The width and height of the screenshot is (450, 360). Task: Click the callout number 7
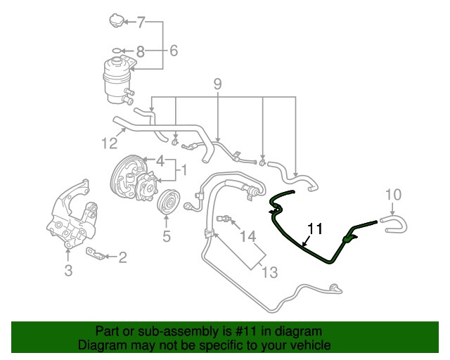point(141,22)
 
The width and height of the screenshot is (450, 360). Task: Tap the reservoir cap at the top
point(116,20)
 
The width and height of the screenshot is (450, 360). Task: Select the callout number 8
point(140,51)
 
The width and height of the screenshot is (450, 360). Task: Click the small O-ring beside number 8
point(116,51)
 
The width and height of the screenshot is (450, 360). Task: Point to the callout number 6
point(174,51)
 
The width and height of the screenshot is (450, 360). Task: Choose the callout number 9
point(217,84)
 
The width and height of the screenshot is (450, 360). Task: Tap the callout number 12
point(110,143)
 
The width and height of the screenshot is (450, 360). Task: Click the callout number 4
point(160,161)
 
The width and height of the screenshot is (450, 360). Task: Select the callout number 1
point(184,170)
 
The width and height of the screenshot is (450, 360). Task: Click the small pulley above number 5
point(168,202)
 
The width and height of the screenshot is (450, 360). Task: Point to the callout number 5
point(167,236)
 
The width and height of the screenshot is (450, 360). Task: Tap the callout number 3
point(68,270)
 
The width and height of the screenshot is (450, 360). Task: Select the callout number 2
point(122,257)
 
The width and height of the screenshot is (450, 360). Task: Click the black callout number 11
point(315,229)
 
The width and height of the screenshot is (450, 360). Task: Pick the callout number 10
point(393,195)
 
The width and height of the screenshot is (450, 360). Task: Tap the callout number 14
point(247,236)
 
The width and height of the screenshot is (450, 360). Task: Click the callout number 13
point(270,272)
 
